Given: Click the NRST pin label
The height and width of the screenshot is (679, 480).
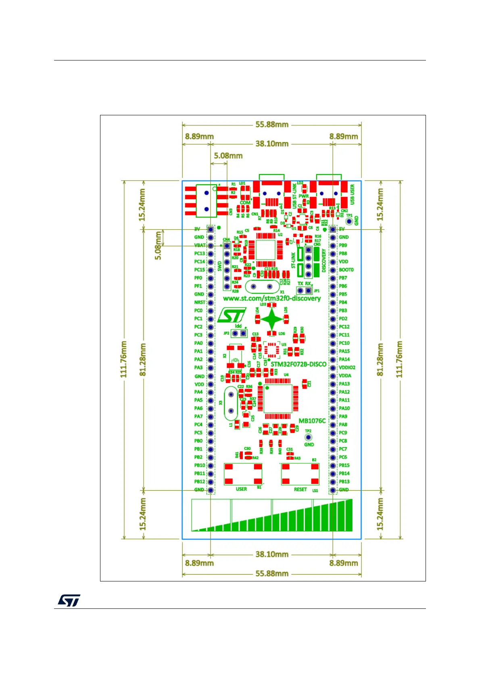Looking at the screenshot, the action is (x=200, y=302).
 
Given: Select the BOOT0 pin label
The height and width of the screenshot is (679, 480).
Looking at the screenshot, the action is (x=346, y=270).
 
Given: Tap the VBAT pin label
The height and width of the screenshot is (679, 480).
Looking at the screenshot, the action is (x=200, y=245).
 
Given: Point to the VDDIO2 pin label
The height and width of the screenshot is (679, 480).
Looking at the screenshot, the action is (x=347, y=367).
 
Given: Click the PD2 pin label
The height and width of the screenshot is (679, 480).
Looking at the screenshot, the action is (x=343, y=319).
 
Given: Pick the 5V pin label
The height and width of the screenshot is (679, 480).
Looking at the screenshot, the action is (x=342, y=229).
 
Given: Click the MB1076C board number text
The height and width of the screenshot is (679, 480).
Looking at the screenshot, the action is (x=312, y=421).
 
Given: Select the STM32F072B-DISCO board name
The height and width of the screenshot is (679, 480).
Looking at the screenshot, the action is (x=298, y=364).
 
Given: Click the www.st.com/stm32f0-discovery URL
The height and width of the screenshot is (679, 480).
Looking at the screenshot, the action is (x=271, y=298).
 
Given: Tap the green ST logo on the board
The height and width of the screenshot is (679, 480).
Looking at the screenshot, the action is (x=232, y=316).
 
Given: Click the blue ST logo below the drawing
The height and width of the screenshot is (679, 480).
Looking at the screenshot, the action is (x=69, y=600).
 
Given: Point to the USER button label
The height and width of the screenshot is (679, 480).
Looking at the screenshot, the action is (x=241, y=489).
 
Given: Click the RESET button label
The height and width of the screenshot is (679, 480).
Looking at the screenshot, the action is (x=300, y=489).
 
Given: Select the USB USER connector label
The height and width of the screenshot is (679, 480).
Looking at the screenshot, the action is (x=352, y=194).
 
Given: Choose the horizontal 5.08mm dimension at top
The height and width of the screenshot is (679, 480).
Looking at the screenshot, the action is (x=228, y=156).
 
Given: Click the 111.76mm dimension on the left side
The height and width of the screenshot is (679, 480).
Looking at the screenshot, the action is (x=124, y=359).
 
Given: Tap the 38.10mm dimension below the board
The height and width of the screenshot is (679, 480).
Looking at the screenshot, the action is (x=272, y=554).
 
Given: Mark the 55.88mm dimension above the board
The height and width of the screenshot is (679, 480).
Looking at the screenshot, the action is (x=272, y=125).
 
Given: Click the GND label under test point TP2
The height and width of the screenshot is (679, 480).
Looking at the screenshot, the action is (x=309, y=445).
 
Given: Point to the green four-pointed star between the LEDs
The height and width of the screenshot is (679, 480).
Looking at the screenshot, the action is (x=272, y=319).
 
